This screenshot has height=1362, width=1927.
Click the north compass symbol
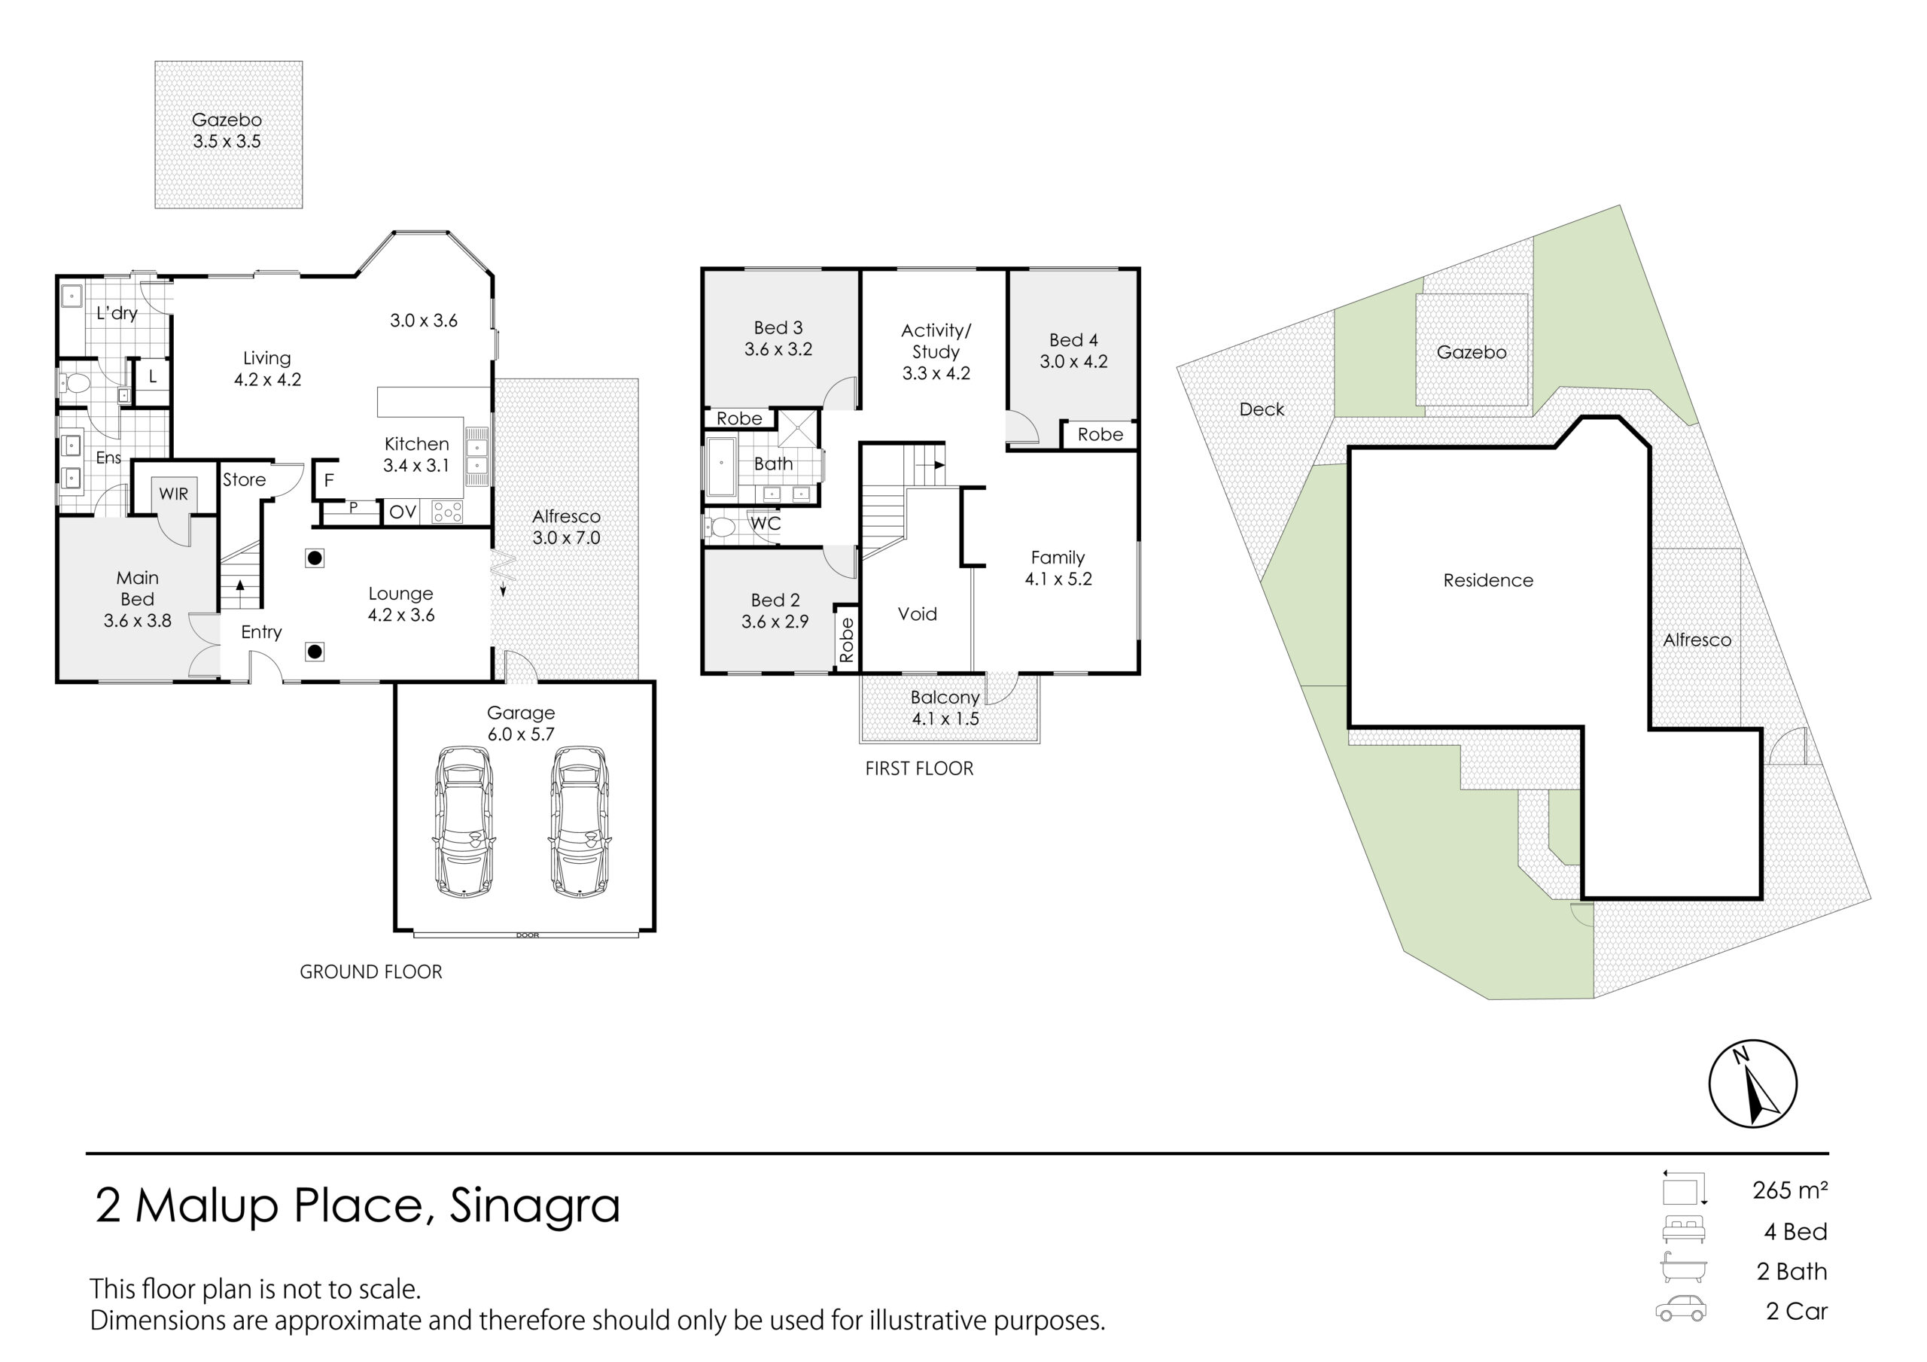point(1753,1084)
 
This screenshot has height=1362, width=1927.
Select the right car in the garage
point(579,822)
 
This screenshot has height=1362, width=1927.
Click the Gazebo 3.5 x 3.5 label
point(227,131)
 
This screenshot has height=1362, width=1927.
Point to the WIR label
point(174,494)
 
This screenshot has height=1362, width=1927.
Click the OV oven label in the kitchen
point(403,512)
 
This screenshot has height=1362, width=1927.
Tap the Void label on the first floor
point(918,614)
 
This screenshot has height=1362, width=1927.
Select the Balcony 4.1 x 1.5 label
point(945,708)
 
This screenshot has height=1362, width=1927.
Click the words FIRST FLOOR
point(919,769)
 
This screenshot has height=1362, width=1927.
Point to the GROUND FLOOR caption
point(371,971)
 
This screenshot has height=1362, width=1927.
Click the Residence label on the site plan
point(1488,581)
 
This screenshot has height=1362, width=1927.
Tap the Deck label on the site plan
point(1262,409)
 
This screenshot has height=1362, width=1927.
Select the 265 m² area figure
point(1790,1190)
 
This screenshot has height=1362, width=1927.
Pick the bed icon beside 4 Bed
point(1684,1230)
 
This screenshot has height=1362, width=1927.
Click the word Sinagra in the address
point(534,1207)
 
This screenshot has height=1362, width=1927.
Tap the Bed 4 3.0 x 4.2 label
point(1073,351)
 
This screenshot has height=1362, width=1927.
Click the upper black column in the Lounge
point(315,558)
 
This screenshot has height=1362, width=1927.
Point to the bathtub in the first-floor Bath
point(721,464)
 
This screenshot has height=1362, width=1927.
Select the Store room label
point(244,480)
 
